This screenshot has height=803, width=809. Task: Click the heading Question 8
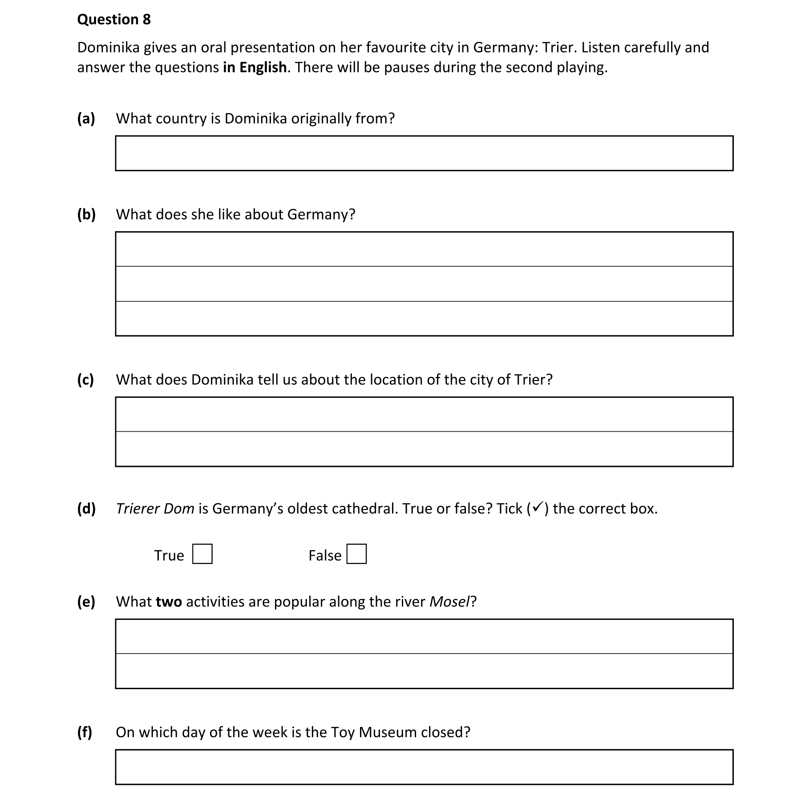coord(114,20)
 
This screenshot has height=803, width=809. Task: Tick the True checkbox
coord(202,554)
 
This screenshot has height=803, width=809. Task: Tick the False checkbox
coord(356,554)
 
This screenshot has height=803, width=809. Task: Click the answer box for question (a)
coord(424,153)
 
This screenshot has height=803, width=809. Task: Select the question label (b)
coord(86,214)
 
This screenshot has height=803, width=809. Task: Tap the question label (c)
coord(85,379)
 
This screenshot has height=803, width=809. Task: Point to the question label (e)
coord(86,602)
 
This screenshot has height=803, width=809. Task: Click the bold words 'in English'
coord(255,68)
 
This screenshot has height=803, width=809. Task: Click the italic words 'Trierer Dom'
coord(155,508)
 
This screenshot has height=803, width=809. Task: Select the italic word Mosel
coord(449,602)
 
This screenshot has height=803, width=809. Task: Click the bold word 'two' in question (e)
coord(169,602)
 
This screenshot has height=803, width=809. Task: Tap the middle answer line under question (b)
coord(424,284)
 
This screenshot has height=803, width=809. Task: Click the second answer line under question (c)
coord(424,449)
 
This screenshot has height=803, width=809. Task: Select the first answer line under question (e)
coord(424,636)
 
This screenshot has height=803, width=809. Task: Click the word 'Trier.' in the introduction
coord(559,48)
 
